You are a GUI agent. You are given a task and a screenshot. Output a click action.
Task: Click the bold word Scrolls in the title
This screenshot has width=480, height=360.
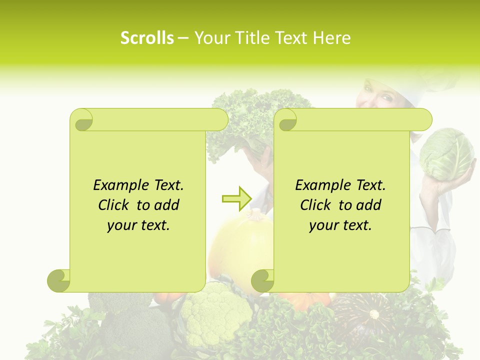pyautogui.click(x=146, y=38)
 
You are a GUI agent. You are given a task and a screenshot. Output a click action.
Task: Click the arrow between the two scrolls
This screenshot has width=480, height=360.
pyautogui.click(x=236, y=199)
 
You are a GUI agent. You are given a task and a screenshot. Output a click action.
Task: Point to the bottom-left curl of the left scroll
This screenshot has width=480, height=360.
pyautogui.click(x=59, y=280)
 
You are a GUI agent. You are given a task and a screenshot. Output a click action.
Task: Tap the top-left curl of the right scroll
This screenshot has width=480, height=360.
pyautogui.click(x=286, y=120)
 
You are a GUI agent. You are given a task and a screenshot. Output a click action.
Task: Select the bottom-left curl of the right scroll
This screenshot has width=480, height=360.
pyautogui.click(x=262, y=280)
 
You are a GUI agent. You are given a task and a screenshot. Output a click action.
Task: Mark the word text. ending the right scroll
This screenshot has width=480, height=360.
pyautogui.click(x=355, y=225)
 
